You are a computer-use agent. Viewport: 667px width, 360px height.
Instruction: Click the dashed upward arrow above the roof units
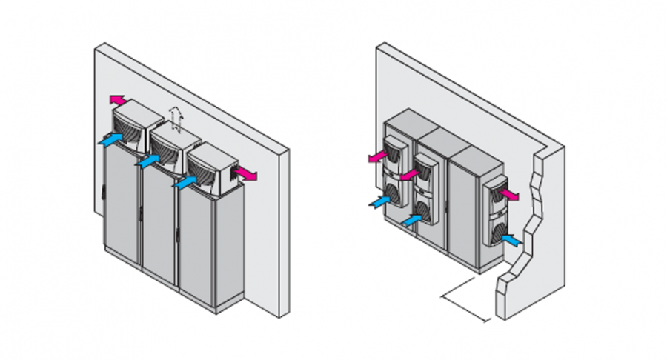point(175,117)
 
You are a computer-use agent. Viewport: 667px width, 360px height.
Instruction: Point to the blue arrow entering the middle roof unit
point(148,159)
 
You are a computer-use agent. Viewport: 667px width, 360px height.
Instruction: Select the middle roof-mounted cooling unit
point(176,148)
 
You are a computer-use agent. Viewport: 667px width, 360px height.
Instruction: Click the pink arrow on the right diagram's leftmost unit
point(378,156)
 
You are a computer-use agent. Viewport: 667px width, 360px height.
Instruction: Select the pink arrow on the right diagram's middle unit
point(410,175)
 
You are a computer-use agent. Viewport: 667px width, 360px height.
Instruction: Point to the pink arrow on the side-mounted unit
point(508,194)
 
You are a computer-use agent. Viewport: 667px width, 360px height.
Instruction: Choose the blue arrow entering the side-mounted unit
point(511,239)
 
